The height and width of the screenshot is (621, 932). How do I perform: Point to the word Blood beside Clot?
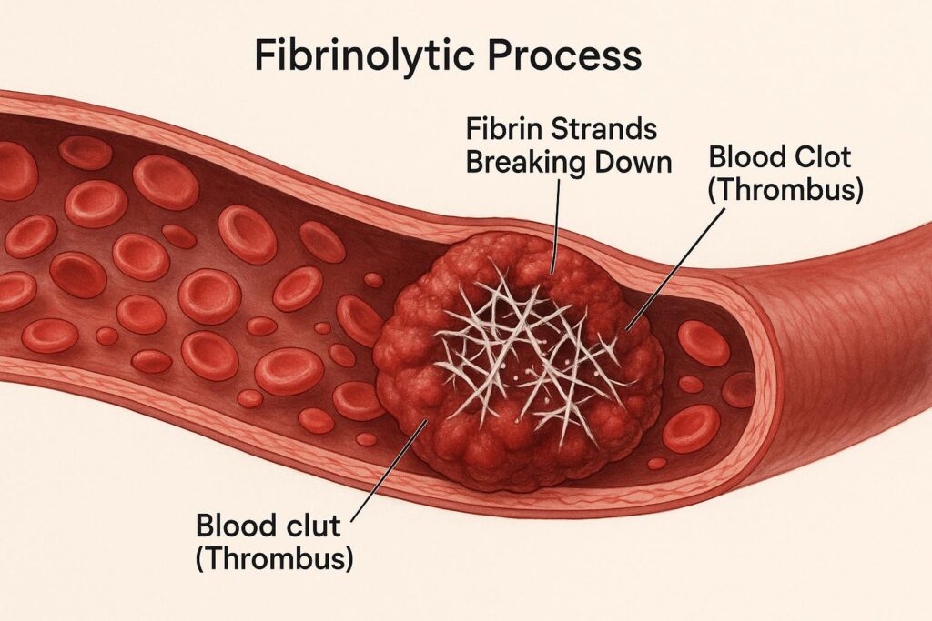pos(743,158)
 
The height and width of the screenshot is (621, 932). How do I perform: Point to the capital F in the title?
pos(264,56)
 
